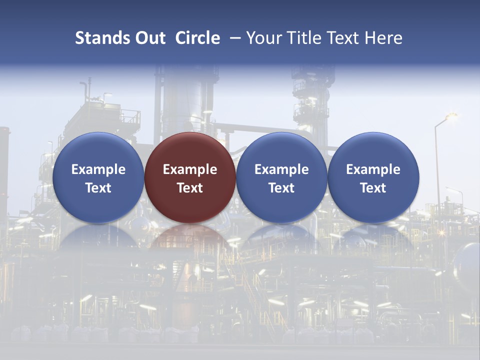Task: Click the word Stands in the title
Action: (99, 38)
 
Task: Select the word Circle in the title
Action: (197, 38)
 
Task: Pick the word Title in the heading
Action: (303, 38)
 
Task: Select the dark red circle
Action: (190, 177)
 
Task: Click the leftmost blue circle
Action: (98, 177)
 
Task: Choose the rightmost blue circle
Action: (373, 177)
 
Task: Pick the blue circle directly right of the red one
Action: (281, 177)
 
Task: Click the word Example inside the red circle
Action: (190, 169)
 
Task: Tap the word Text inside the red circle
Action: (190, 188)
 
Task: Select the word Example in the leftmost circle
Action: (98, 169)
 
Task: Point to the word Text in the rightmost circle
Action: (373, 188)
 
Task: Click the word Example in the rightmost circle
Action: (373, 169)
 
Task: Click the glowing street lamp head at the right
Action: (451, 116)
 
